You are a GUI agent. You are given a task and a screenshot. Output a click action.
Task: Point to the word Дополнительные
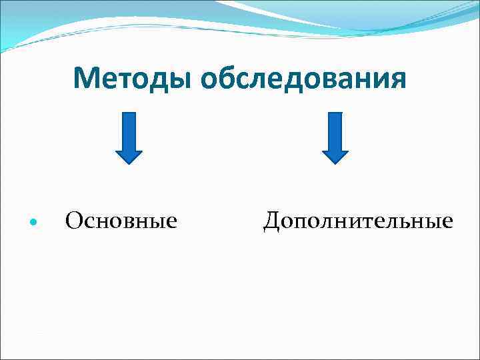[x=358, y=219]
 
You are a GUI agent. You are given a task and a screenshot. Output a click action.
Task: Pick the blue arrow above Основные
[x=129, y=137]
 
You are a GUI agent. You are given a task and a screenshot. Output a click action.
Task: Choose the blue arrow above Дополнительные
[x=335, y=137]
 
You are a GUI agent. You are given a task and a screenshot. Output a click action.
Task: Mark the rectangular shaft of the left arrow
[x=129, y=129]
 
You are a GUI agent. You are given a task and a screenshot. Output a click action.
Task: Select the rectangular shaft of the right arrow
[x=335, y=129]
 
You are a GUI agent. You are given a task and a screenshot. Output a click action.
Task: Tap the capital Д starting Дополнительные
[x=273, y=219]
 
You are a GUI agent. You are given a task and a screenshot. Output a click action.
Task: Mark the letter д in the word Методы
[x=150, y=80]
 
